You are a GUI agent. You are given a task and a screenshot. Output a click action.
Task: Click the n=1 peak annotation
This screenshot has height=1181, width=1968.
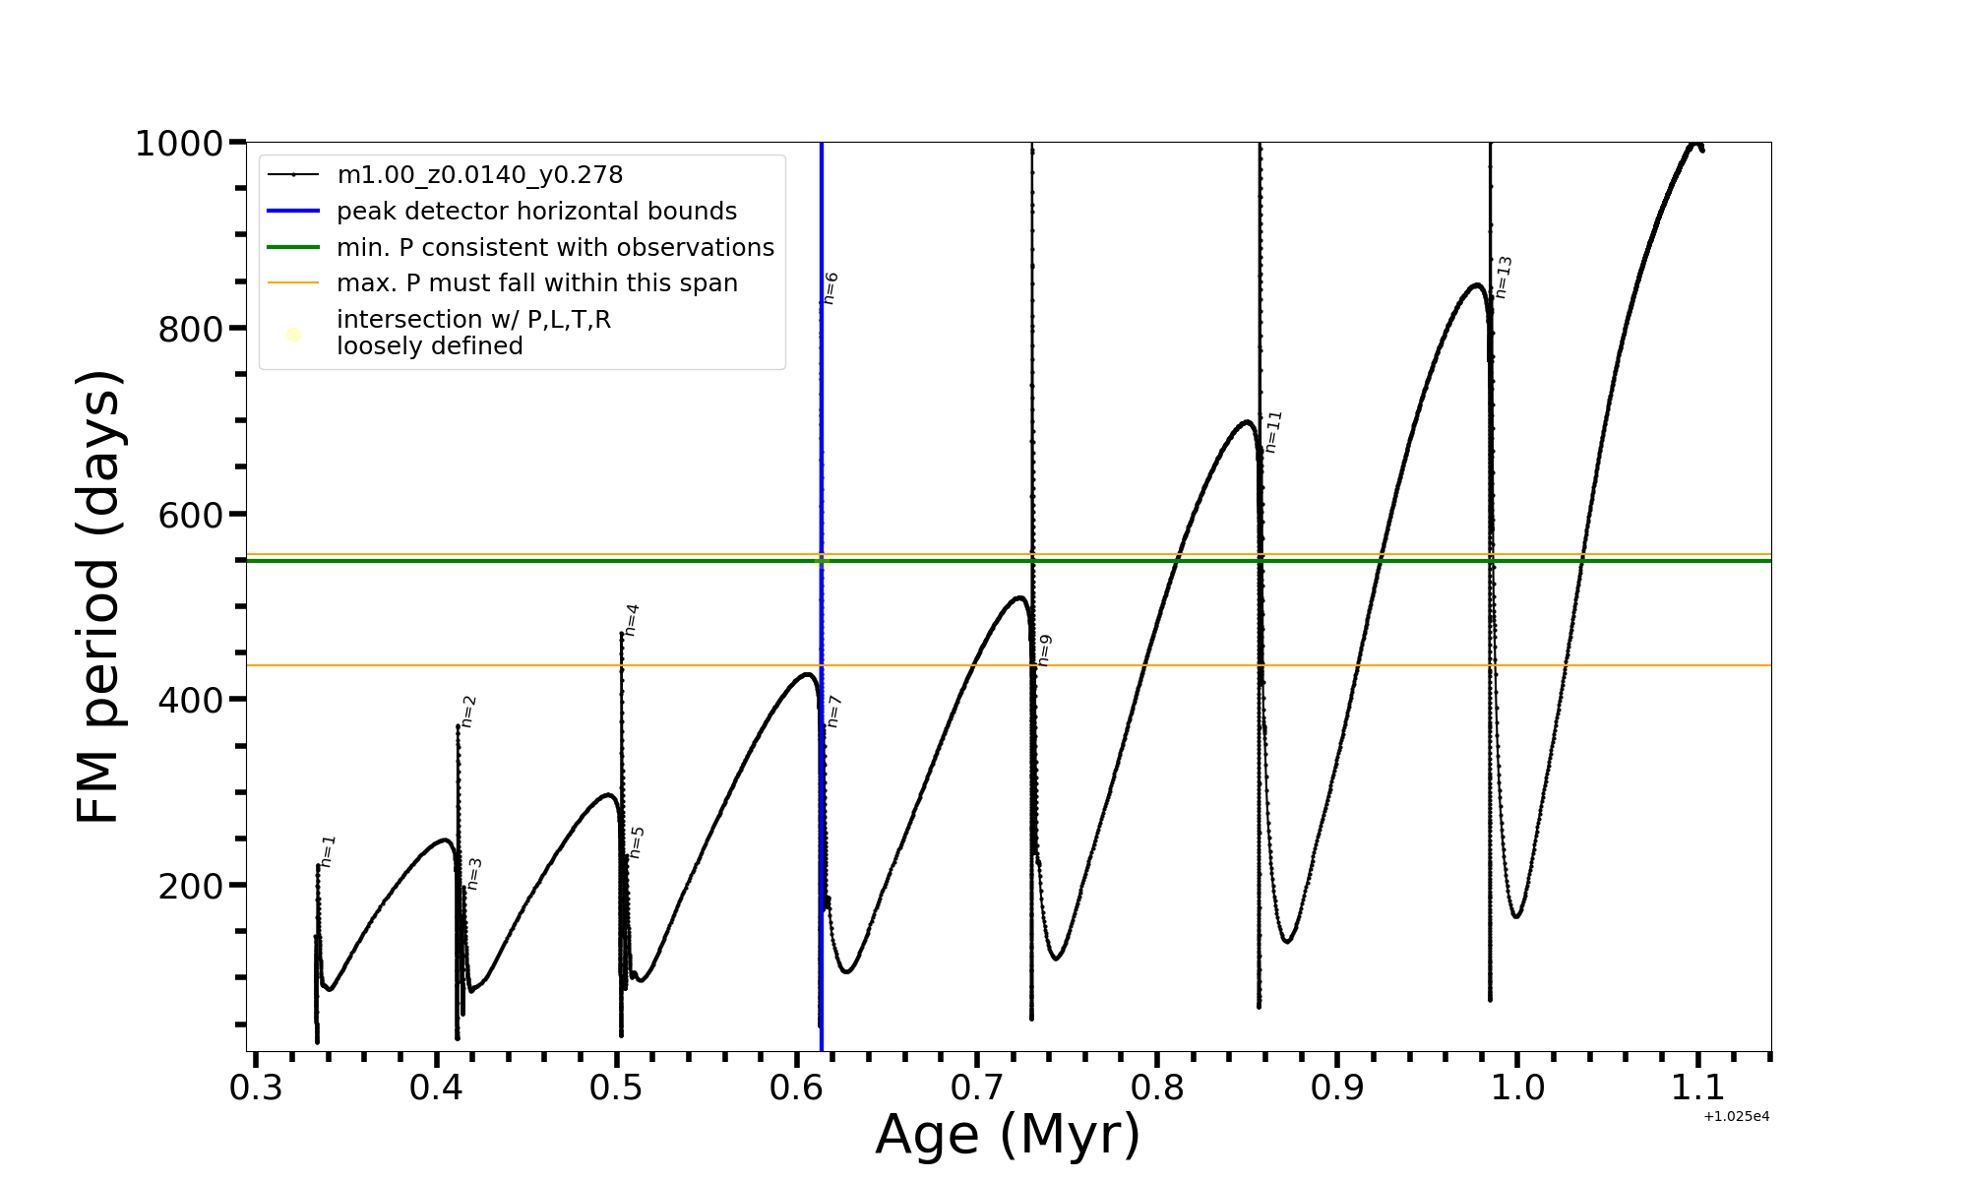point(329,851)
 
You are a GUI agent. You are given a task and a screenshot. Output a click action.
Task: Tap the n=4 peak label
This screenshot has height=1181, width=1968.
point(632,620)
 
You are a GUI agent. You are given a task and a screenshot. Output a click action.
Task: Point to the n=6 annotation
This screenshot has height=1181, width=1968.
point(830,288)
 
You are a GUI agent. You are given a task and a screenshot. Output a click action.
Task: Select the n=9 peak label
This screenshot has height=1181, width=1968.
point(1045,651)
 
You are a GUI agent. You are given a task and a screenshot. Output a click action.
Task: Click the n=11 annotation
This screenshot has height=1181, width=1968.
point(1273,432)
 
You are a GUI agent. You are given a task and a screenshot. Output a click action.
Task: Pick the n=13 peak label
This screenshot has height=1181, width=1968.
point(1504,278)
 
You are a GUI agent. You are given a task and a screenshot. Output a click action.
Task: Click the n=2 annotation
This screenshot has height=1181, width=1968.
point(468,712)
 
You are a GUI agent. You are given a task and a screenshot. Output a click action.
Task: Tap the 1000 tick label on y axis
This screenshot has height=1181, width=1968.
point(178,145)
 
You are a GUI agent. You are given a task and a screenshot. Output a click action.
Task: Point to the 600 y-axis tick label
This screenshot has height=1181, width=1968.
point(190,516)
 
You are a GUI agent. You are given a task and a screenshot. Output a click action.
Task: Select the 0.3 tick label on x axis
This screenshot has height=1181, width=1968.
point(256,1088)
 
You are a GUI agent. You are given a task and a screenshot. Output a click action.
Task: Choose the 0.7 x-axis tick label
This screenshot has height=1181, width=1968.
point(977,1088)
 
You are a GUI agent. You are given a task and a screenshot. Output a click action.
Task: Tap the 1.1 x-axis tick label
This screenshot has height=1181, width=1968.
point(1698,1088)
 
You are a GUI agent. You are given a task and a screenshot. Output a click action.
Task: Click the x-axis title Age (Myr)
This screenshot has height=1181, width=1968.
point(1008,1135)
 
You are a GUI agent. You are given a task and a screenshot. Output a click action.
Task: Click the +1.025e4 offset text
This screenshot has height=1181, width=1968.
point(1737,1117)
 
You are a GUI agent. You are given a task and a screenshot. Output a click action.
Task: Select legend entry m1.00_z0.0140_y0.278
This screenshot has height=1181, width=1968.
point(480,175)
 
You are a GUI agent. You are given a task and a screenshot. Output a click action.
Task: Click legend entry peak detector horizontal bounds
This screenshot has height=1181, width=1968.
point(536,212)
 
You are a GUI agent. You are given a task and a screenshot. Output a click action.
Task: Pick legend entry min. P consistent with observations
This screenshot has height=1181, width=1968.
point(555,248)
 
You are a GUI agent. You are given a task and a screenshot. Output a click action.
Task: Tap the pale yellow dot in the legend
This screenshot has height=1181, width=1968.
point(293,335)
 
